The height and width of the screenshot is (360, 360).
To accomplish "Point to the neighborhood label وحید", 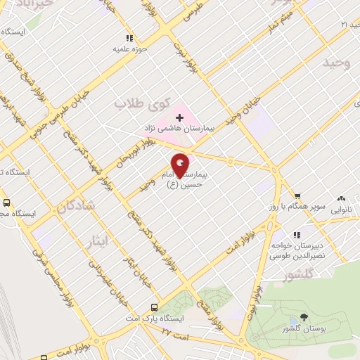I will tap(336, 63).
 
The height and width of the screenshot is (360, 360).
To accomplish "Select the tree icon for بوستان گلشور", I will tap(303, 318).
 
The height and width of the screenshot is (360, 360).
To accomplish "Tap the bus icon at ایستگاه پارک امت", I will tap(154, 307).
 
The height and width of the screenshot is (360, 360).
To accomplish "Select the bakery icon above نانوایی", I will tap(342, 198).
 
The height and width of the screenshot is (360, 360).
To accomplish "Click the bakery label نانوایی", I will tap(342, 209).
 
